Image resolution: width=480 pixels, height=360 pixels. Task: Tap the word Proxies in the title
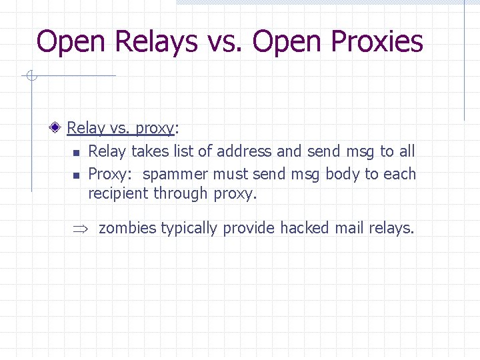click(x=377, y=41)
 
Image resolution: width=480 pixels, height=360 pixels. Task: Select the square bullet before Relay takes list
click(x=76, y=153)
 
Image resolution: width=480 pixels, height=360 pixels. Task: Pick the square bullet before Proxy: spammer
click(x=76, y=175)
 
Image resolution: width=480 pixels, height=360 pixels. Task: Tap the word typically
click(x=189, y=229)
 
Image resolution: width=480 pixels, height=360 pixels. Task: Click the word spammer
click(x=176, y=175)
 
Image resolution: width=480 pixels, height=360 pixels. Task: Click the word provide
click(x=249, y=229)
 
